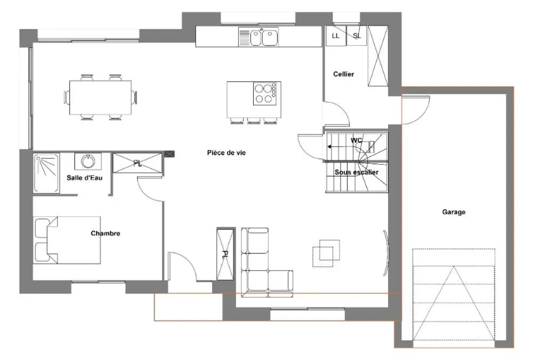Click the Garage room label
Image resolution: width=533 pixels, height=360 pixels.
(454, 212)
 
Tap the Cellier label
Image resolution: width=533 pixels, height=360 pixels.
(343, 74)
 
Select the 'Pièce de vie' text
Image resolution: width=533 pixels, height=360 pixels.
(226, 153)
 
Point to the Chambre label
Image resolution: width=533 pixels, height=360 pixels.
(106, 234)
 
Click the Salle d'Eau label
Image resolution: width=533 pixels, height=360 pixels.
(84, 178)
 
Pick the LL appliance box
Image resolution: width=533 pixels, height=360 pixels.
(336, 35)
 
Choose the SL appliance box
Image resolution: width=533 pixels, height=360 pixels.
(357, 35)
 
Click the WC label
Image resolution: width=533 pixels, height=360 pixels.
(356, 140)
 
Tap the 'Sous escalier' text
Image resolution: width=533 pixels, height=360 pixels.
(356, 172)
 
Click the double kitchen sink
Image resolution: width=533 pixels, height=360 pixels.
(264, 37)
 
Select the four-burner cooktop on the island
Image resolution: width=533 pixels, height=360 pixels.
(265, 94)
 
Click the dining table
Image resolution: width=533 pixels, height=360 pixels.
(101, 97)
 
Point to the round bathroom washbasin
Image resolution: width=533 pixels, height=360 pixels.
(88, 161)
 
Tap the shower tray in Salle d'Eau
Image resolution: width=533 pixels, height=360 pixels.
(46, 173)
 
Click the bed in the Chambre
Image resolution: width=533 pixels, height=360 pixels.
(67, 240)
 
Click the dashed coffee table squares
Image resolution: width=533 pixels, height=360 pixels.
(326, 253)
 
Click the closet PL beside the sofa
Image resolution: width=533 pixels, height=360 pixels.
(225, 254)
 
